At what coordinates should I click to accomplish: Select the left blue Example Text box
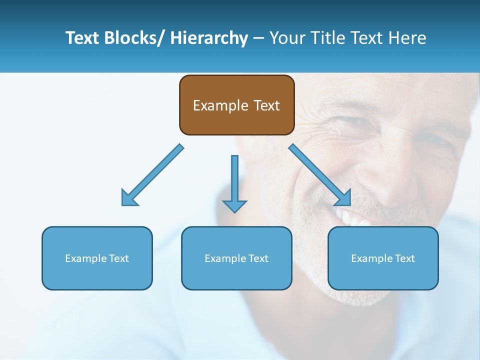97,258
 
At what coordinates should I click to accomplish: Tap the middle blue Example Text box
236,258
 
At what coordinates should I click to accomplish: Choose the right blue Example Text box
383,258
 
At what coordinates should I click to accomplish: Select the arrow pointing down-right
320,175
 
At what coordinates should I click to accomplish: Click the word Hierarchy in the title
209,38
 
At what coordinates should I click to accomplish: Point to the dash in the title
258,38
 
